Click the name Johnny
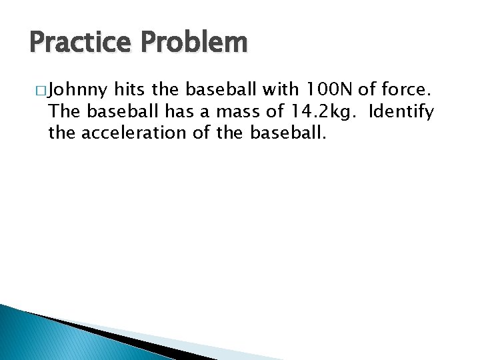79,89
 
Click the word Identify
401,111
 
